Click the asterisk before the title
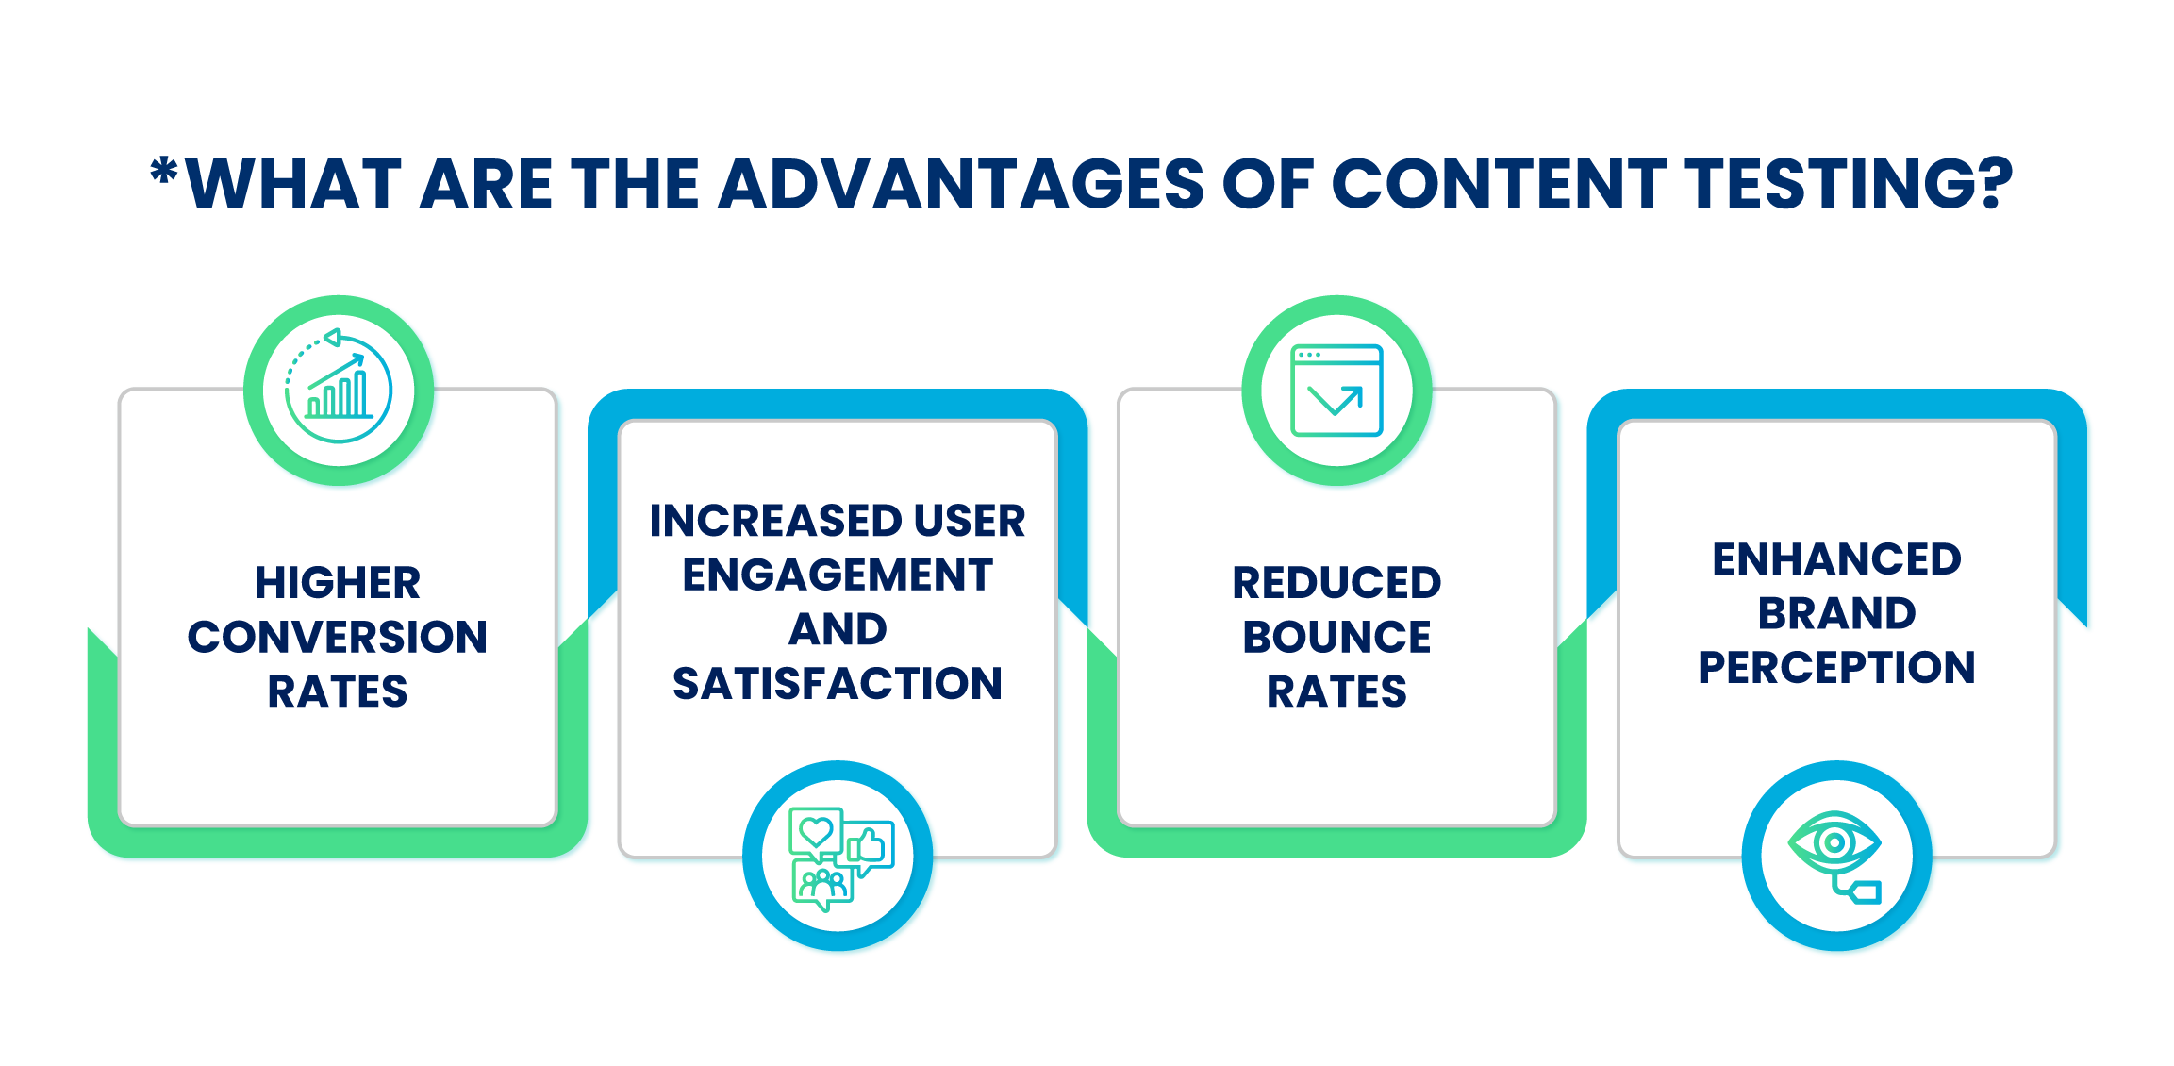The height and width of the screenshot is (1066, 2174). [164, 172]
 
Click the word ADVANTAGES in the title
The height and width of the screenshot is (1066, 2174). [961, 183]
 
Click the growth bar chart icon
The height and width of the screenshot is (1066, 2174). [339, 386]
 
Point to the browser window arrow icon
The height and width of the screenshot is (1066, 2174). [1336, 391]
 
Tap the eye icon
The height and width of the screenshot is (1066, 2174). [1834, 841]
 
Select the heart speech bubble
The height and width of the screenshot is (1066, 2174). [816, 833]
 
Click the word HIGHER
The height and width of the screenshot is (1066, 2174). [338, 582]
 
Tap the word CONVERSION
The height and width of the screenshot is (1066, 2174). [338, 637]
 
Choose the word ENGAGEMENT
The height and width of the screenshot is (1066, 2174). [838, 575]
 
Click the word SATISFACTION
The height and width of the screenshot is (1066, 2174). [838, 683]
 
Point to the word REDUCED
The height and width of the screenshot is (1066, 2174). [1336, 582]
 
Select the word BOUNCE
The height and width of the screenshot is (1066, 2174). [1336, 637]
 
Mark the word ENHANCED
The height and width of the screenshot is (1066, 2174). [1837, 558]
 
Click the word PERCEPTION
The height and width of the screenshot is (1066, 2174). [1837, 667]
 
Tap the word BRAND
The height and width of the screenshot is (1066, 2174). [1837, 613]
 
